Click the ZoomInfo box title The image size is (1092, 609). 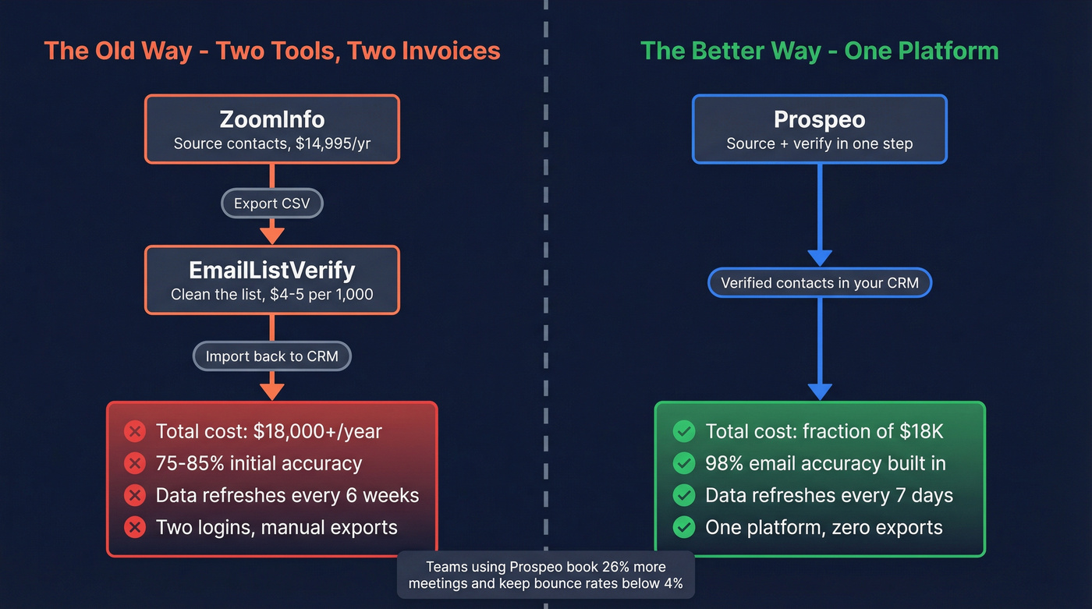pos(271,119)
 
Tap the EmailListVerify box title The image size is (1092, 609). pos(271,270)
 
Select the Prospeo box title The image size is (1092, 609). pos(819,119)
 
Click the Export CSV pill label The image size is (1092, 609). pos(271,204)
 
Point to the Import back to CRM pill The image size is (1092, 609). pos(271,356)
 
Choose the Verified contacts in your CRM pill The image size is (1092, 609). pos(819,283)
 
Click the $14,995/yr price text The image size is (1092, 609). pos(333,144)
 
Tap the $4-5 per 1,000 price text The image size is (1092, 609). pos(321,295)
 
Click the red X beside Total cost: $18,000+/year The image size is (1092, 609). pos(135,431)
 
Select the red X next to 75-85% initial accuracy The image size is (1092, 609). pos(135,464)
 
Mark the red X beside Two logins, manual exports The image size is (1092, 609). pos(135,528)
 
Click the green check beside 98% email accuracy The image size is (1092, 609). pos(684,464)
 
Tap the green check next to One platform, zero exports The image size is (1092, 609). pos(684,528)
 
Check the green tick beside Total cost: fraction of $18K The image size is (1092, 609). pos(684,431)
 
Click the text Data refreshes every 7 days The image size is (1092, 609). pos(828,496)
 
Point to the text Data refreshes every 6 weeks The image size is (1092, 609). pos(287,496)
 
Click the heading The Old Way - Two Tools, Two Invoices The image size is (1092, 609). pos(271,51)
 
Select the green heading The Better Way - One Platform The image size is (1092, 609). pos(819,51)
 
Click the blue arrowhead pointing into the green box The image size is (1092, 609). pos(819,391)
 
